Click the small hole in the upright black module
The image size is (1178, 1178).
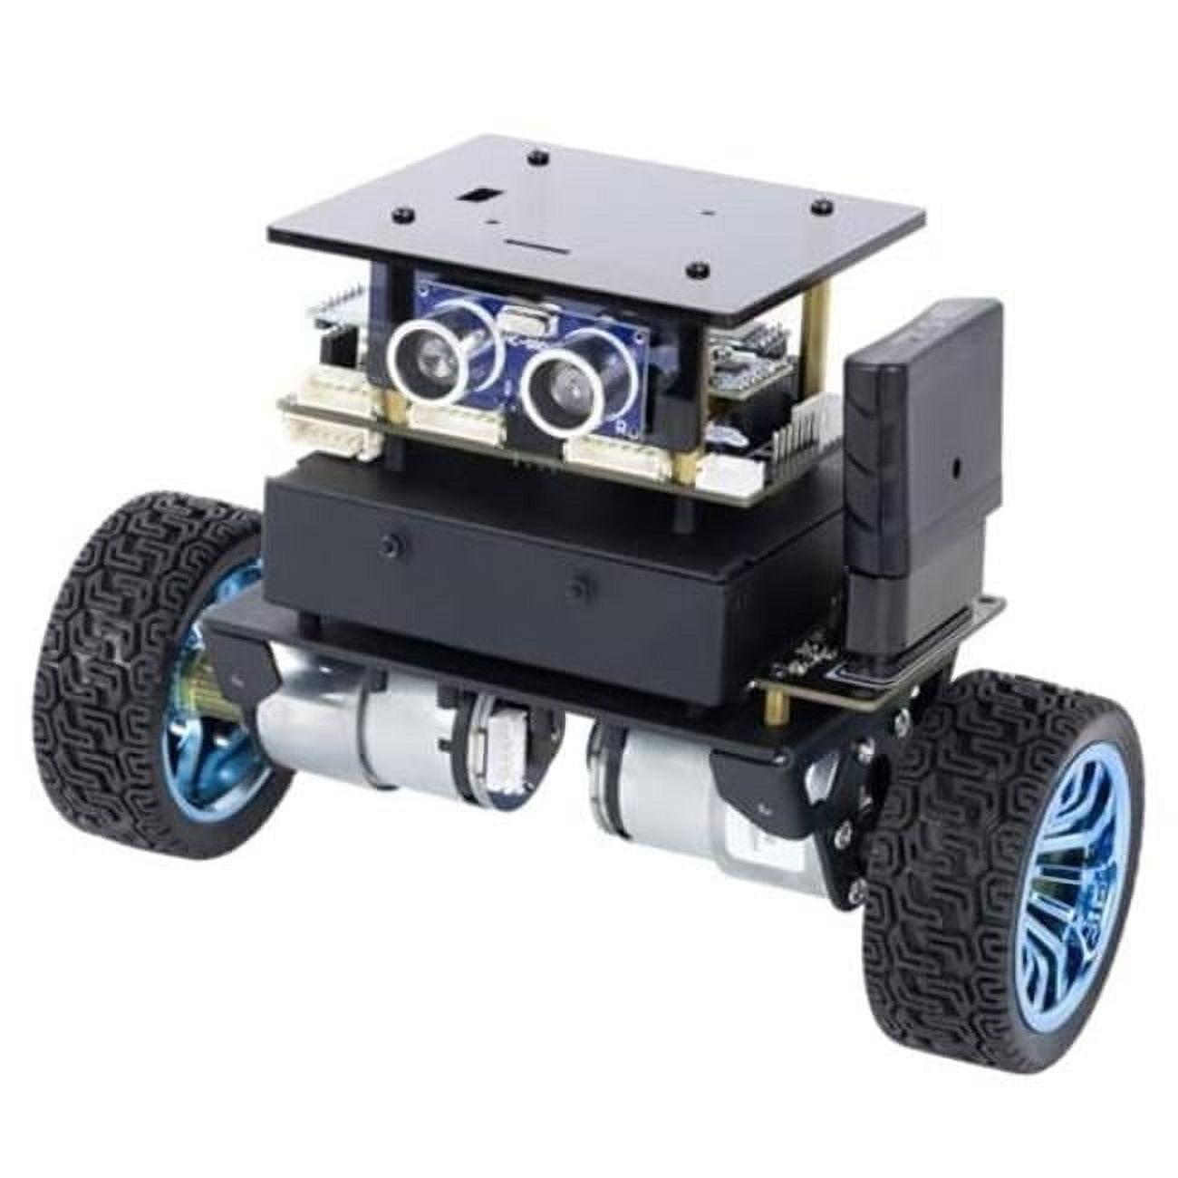[954, 472]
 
